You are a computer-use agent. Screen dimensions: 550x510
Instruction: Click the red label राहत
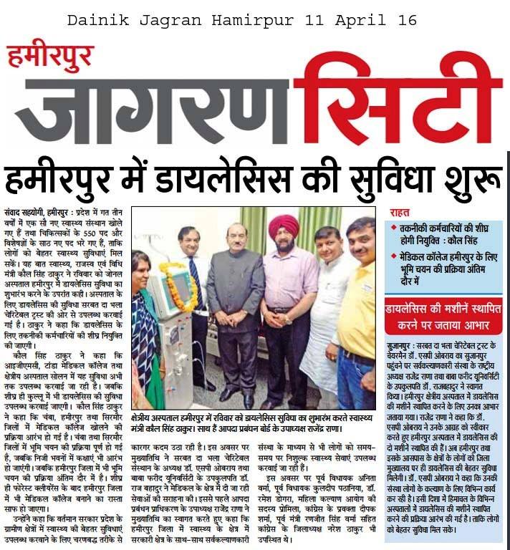click(400, 213)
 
